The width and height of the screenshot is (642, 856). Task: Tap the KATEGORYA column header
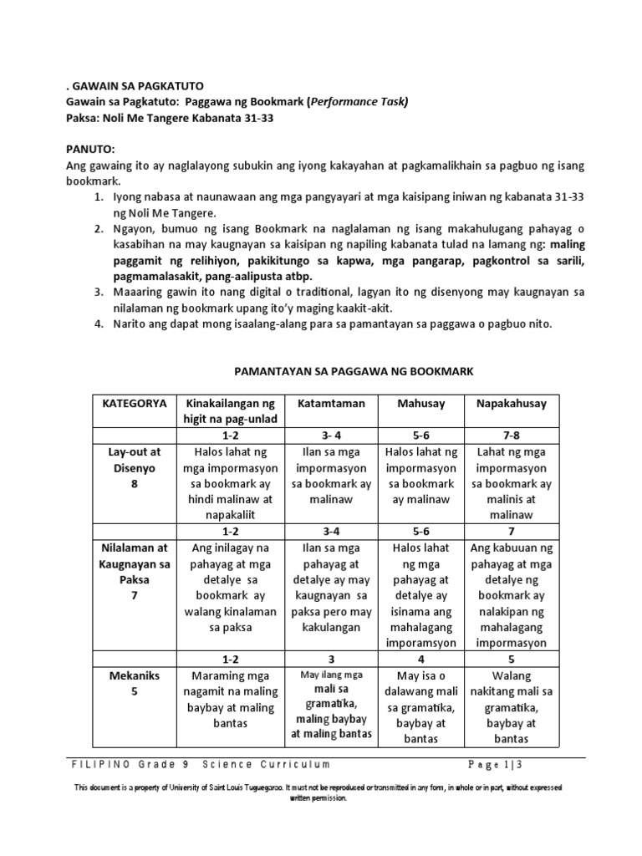[134, 403]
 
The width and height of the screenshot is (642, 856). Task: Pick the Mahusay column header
[422, 403]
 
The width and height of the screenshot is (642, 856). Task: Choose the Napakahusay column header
[511, 403]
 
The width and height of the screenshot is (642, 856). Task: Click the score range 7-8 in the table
[511, 436]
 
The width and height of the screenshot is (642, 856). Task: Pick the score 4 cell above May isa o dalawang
[422, 659]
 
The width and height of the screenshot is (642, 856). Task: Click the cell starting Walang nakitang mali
[511, 707]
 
